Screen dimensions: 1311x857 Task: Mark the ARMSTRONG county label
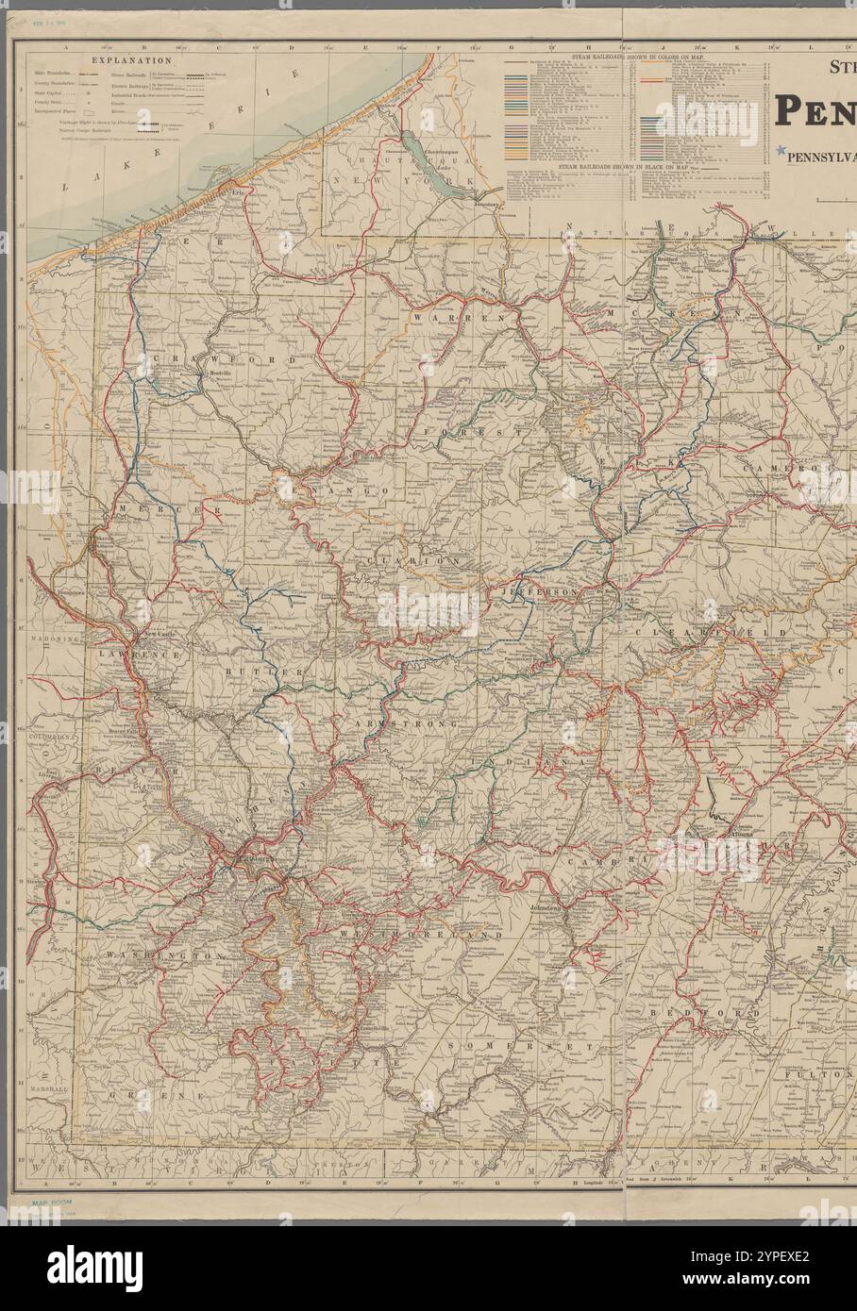pos(408,723)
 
